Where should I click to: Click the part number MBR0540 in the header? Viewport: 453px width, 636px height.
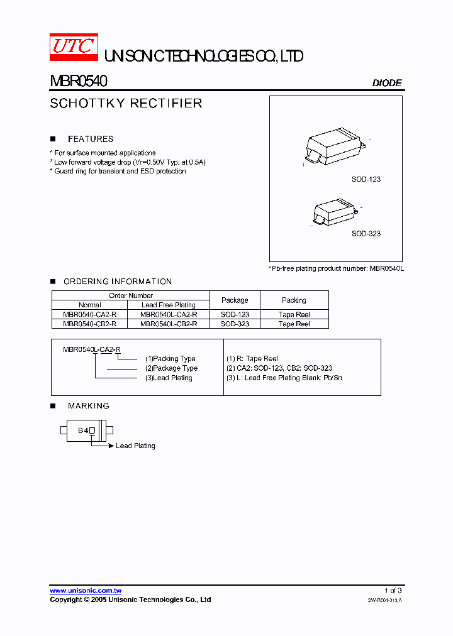(x=79, y=81)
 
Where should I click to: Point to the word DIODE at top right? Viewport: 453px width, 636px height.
(x=387, y=83)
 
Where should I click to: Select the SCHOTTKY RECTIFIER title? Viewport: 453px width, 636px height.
(x=126, y=103)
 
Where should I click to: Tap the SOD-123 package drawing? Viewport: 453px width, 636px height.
(x=335, y=146)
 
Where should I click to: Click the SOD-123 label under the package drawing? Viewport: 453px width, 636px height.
(x=366, y=179)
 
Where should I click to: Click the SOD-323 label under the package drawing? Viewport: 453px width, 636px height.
(x=366, y=233)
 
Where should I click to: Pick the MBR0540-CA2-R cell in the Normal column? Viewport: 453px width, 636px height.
(x=89, y=314)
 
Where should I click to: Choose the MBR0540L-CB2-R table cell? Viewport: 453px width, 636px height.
(x=169, y=324)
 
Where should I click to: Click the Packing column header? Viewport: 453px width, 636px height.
(x=294, y=300)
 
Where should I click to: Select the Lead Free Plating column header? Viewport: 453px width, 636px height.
(x=169, y=305)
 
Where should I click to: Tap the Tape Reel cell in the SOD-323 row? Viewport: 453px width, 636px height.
(x=294, y=324)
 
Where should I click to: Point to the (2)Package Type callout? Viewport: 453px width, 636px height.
(x=171, y=368)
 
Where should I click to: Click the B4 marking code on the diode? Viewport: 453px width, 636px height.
(x=82, y=430)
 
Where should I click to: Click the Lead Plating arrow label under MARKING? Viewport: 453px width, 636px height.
(x=135, y=446)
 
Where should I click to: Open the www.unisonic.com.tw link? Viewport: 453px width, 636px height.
(x=86, y=591)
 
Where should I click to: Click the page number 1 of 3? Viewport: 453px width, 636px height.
(x=393, y=590)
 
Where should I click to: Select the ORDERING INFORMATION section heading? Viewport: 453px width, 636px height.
(x=118, y=282)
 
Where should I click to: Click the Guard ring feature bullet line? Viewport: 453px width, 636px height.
(x=120, y=171)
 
